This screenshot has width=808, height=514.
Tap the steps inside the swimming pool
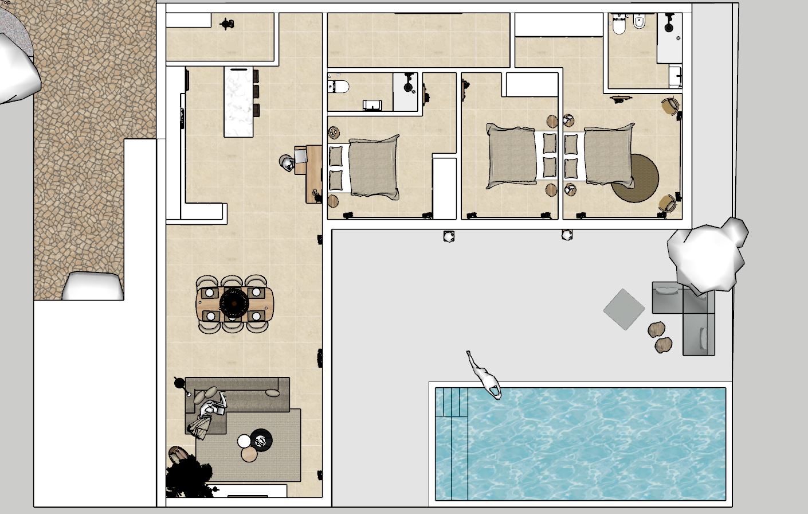452,402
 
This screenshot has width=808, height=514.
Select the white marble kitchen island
238,102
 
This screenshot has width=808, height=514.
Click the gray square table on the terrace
624,309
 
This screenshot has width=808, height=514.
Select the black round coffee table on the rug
262,440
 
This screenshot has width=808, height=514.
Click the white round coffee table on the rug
245,441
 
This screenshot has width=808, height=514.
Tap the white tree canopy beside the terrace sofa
708,252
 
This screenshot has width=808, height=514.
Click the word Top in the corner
5,3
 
